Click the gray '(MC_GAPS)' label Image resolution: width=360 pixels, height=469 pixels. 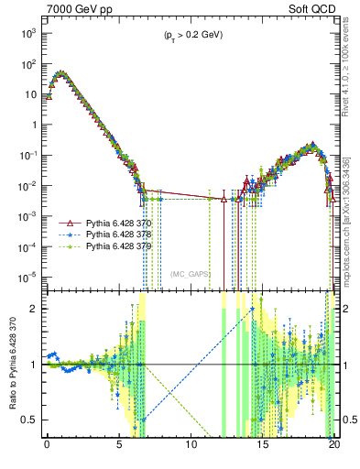(x=191, y=274)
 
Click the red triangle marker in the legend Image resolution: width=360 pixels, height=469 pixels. (x=67, y=224)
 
